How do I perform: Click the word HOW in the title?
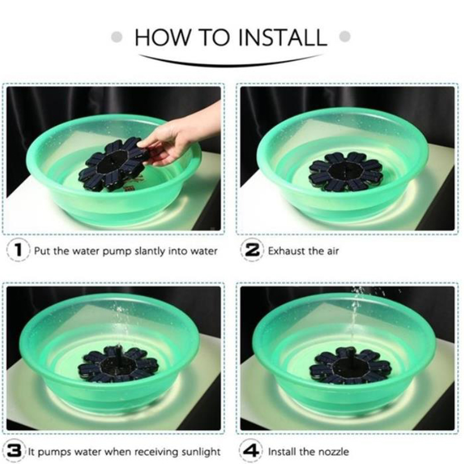click(x=162, y=37)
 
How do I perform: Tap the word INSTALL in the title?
click(x=282, y=37)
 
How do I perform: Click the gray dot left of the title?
click(x=117, y=37)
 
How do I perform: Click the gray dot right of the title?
click(x=345, y=37)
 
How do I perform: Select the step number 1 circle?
click(x=18, y=251)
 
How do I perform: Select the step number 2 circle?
click(x=252, y=251)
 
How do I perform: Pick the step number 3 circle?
click(x=14, y=451)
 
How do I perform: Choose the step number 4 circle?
click(x=251, y=451)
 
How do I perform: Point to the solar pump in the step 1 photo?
click(x=113, y=164)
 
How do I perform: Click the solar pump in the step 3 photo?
click(x=118, y=365)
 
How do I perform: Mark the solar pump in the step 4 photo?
click(x=350, y=367)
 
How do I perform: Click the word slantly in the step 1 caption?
click(x=150, y=252)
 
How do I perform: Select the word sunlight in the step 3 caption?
click(x=201, y=452)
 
